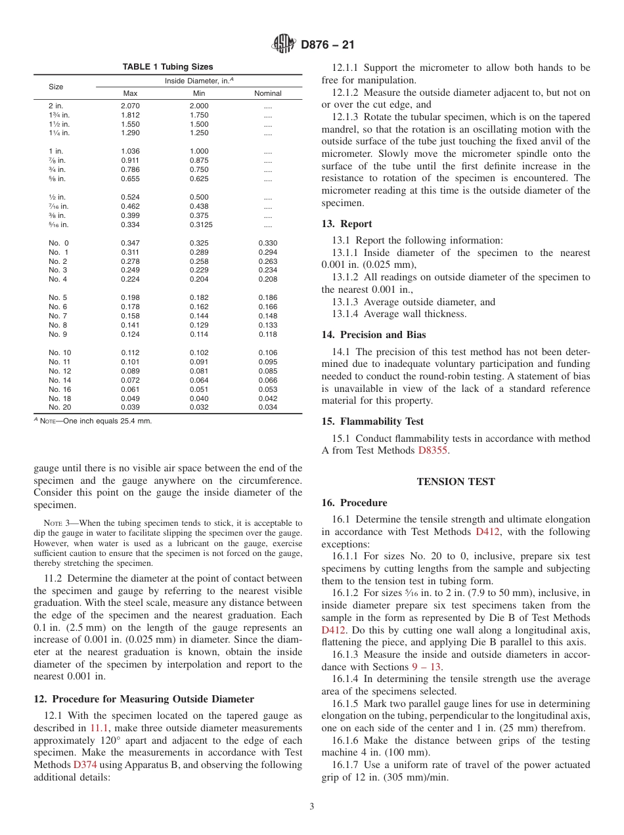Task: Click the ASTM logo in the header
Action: (284, 45)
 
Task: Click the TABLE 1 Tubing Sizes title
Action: (167, 67)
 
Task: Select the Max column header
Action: (130, 93)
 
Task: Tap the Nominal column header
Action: (267, 93)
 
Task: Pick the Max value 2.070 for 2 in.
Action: (130, 106)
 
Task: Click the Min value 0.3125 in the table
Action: (200, 225)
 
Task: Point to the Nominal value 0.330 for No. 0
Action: (267, 243)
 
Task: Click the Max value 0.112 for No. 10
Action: (130, 353)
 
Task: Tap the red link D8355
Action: (434, 450)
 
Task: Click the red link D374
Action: (85, 765)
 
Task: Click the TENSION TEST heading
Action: (456, 482)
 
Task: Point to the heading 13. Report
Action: (346, 224)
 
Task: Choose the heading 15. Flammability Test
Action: (372, 421)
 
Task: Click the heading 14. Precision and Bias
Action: (373, 335)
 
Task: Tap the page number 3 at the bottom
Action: (312, 806)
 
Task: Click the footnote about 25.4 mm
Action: (95, 421)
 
